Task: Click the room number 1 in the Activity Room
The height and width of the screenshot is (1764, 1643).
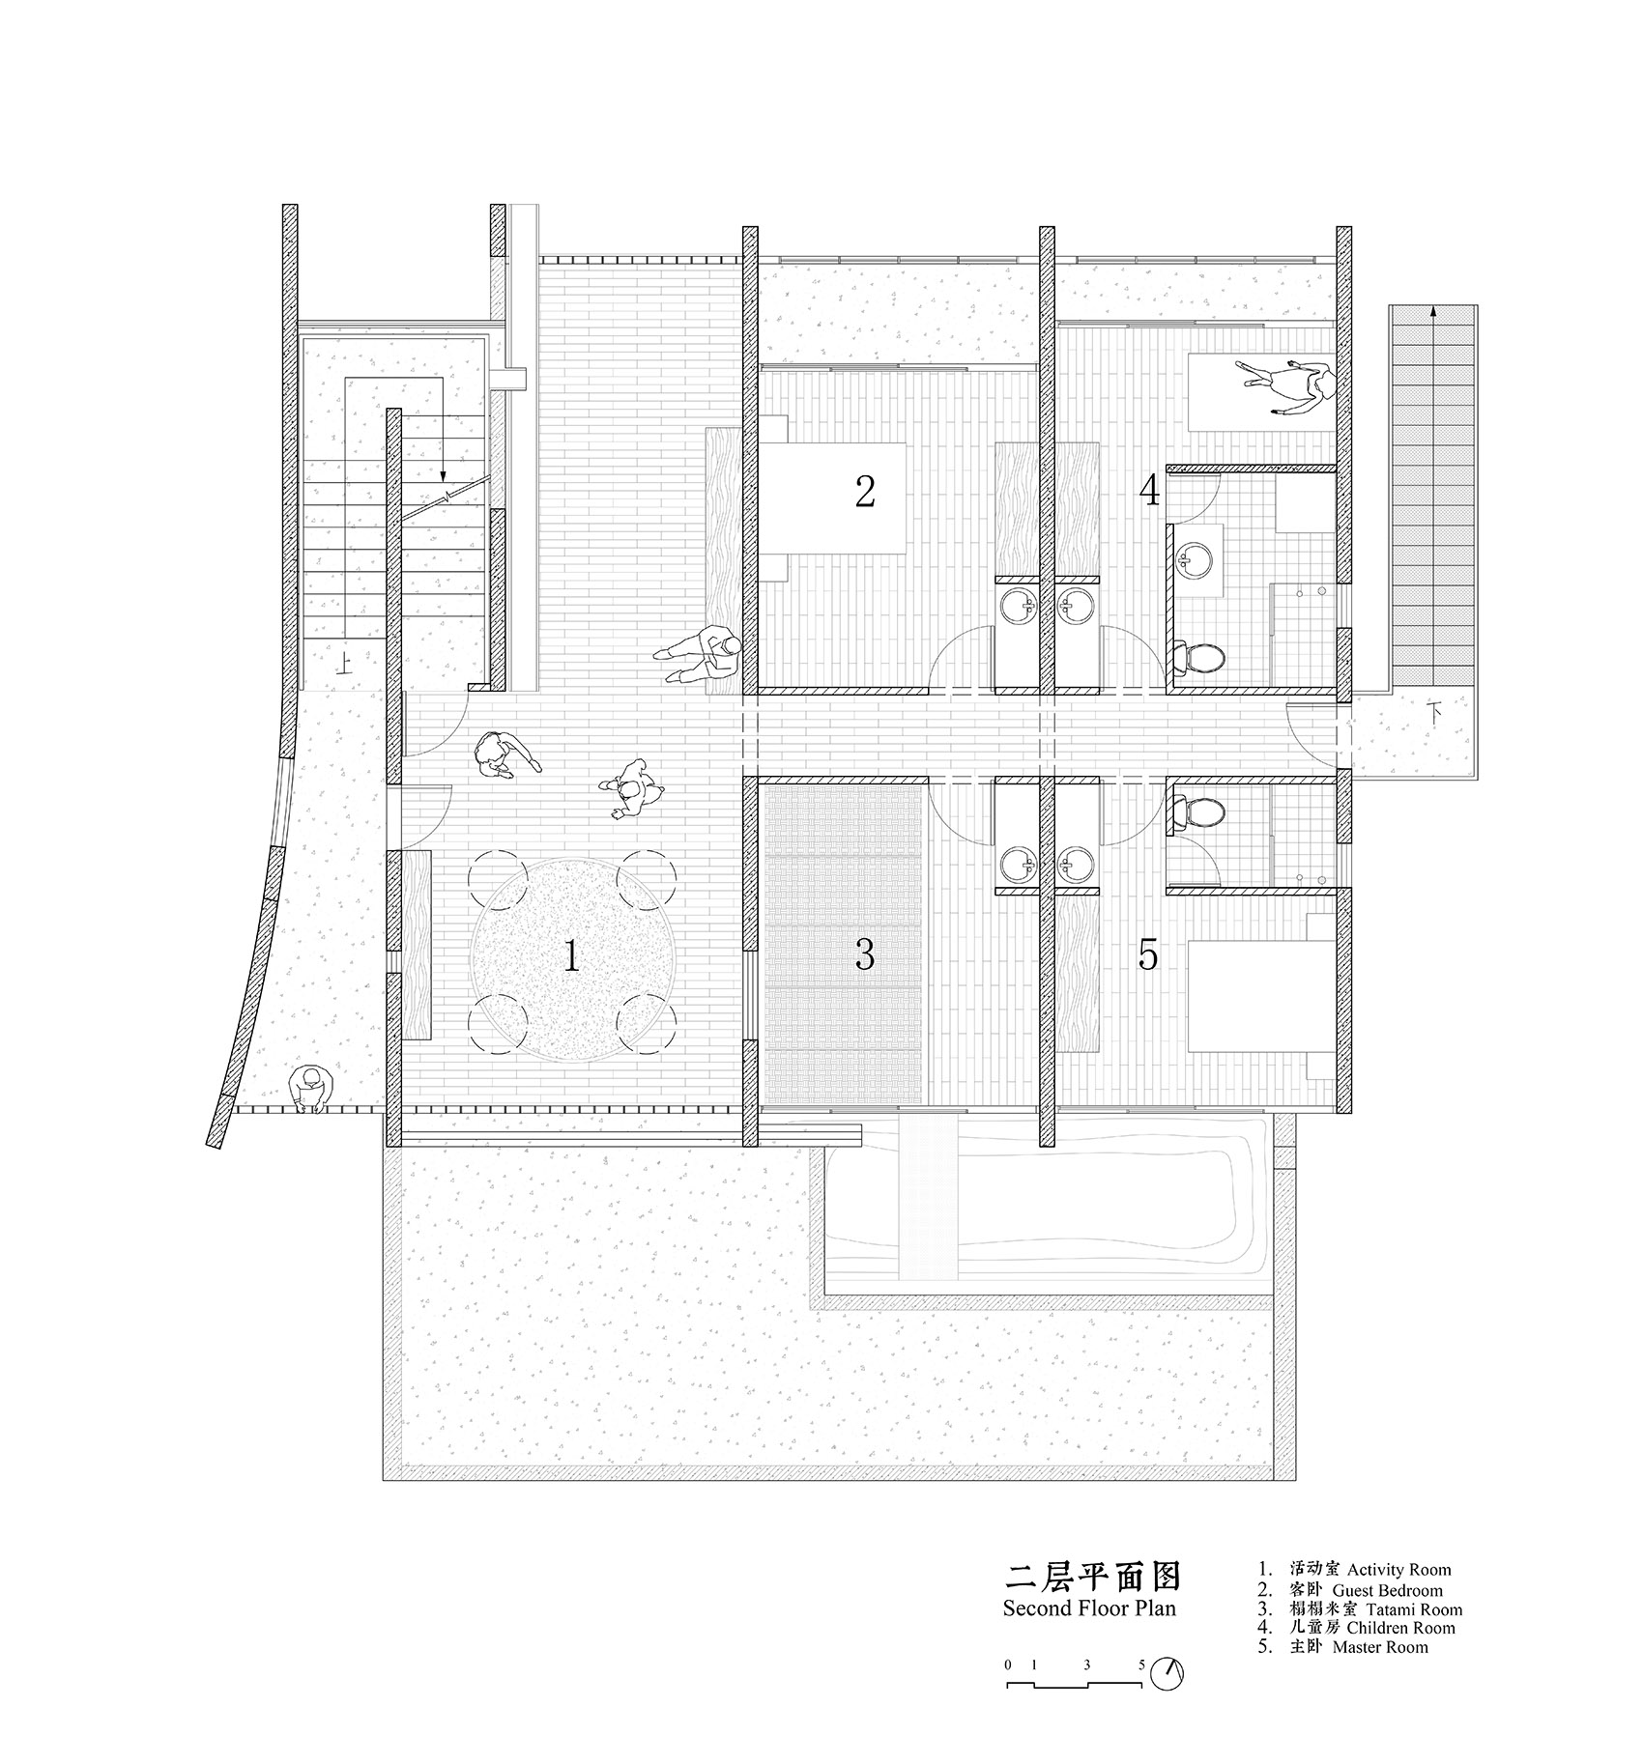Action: click(571, 958)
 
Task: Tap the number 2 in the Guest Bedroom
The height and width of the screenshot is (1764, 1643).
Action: click(865, 492)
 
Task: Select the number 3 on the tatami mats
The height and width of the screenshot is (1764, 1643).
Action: click(865, 954)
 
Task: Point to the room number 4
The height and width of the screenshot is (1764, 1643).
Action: click(1148, 492)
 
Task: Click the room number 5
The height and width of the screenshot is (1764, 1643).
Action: click(1147, 954)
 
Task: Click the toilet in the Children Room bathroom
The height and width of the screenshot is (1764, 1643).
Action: click(1203, 658)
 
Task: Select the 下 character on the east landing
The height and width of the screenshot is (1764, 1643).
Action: click(1437, 715)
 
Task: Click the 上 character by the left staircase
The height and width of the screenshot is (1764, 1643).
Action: click(343, 663)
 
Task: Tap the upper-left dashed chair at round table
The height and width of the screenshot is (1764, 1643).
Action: click(494, 873)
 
